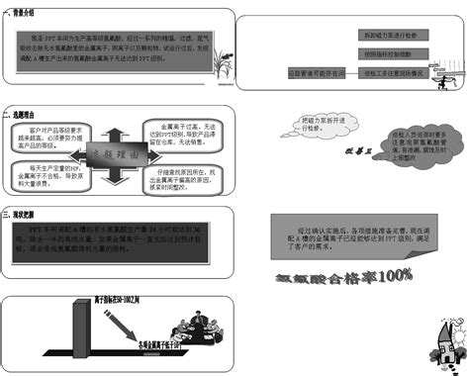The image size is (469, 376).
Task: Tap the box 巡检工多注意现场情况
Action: click(x=397, y=72)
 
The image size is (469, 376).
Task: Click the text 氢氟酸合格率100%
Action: click(x=343, y=274)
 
